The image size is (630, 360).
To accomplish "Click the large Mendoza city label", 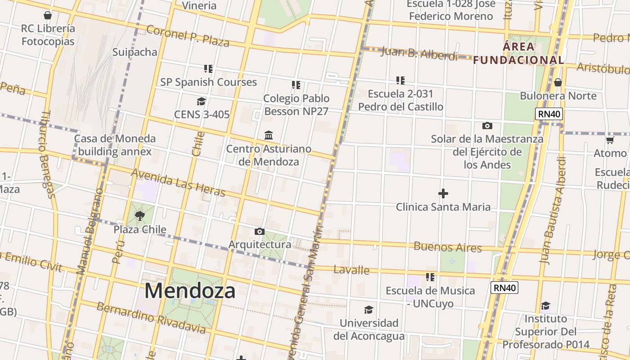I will coord(190,291).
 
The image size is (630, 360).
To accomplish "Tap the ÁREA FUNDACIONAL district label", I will coord(518,53).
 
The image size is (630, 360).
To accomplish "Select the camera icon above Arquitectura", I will coord(260,231).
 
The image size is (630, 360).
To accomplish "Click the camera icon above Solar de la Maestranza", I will coord(487,126).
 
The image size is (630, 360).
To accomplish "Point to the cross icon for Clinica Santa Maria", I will coord(443,193).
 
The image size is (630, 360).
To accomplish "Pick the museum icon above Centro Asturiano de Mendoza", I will coord(269,135).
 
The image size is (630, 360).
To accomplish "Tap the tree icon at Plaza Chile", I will coord(139,216).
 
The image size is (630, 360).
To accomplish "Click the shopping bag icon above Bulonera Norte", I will coord(558,82).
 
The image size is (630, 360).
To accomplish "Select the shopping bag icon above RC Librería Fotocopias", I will coord(48,15).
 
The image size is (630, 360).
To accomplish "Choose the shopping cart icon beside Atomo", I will coord(610,140).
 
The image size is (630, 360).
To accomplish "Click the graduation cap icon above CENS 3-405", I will coord(201,101).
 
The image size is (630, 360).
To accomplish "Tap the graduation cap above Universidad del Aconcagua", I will coord(369,310).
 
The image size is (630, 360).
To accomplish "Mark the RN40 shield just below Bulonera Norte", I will coord(549,114).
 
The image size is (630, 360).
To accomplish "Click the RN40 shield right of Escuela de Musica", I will coord(504,288).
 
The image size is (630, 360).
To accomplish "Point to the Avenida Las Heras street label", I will coord(178,182).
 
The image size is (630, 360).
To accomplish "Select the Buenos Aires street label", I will coord(447,247).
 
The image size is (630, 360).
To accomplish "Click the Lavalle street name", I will coord(351,270).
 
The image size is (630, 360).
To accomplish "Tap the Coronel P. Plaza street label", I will coord(188,36).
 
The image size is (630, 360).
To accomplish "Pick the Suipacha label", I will coord(135,52).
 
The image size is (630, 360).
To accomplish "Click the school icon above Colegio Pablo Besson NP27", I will coord(296,85).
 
